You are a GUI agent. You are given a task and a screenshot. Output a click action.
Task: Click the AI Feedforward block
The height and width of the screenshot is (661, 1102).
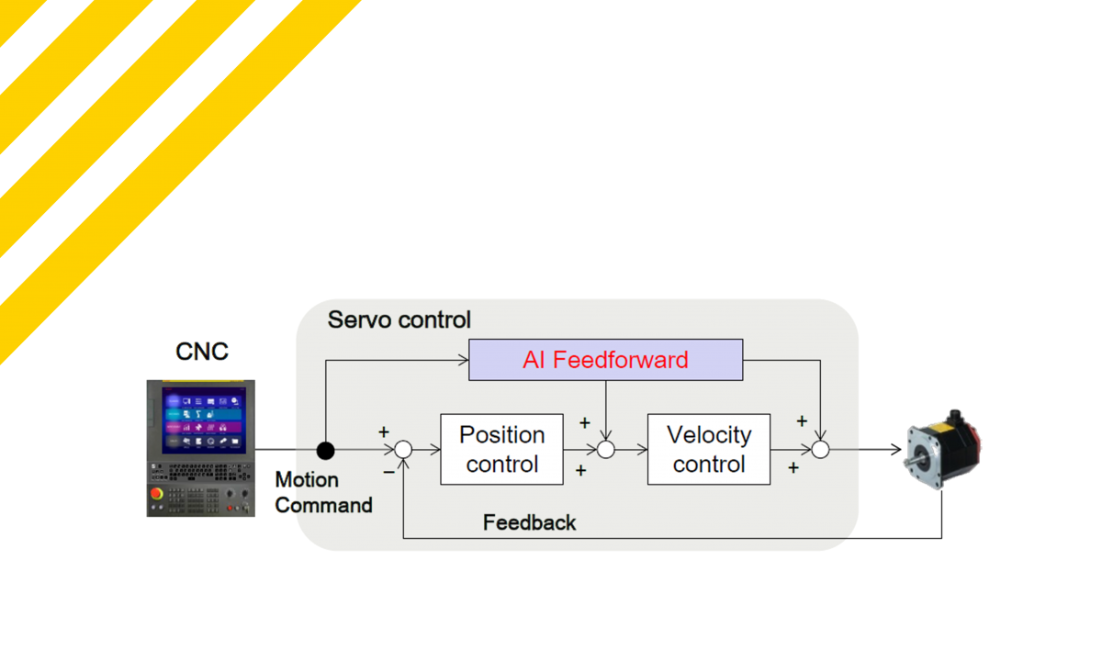(x=605, y=360)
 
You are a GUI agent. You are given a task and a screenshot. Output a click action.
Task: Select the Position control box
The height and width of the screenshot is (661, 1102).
(x=501, y=449)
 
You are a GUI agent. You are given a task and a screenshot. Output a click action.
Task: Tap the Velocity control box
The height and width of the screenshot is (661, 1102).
(x=708, y=449)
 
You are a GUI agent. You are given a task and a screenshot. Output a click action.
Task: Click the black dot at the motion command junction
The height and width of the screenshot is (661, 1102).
(x=325, y=450)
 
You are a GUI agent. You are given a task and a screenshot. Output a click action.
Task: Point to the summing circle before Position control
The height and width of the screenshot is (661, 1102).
(x=403, y=450)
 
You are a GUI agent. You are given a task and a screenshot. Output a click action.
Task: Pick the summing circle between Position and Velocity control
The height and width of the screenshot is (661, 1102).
(x=605, y=450)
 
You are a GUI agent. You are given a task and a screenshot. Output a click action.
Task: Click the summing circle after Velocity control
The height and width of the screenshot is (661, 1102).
(x=820, y=450)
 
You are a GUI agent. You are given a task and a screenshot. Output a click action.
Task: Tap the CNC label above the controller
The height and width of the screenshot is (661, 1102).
(x=202, y=351)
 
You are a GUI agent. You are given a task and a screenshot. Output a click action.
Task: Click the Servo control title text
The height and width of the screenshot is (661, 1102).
(x=399, y=319)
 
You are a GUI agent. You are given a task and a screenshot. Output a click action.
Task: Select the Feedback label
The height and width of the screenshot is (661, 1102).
(x=529, y=522)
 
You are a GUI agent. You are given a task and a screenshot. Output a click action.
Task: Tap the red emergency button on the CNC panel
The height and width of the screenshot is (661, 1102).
(x=158, y=494)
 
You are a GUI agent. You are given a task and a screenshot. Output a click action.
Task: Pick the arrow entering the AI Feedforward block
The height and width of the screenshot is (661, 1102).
(x=461, y=360)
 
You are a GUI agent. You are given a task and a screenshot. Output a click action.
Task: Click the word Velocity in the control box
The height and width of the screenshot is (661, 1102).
(x=708, y=434)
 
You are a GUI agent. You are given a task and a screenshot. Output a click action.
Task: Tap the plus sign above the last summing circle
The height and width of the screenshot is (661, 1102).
(x=802, y=421)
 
